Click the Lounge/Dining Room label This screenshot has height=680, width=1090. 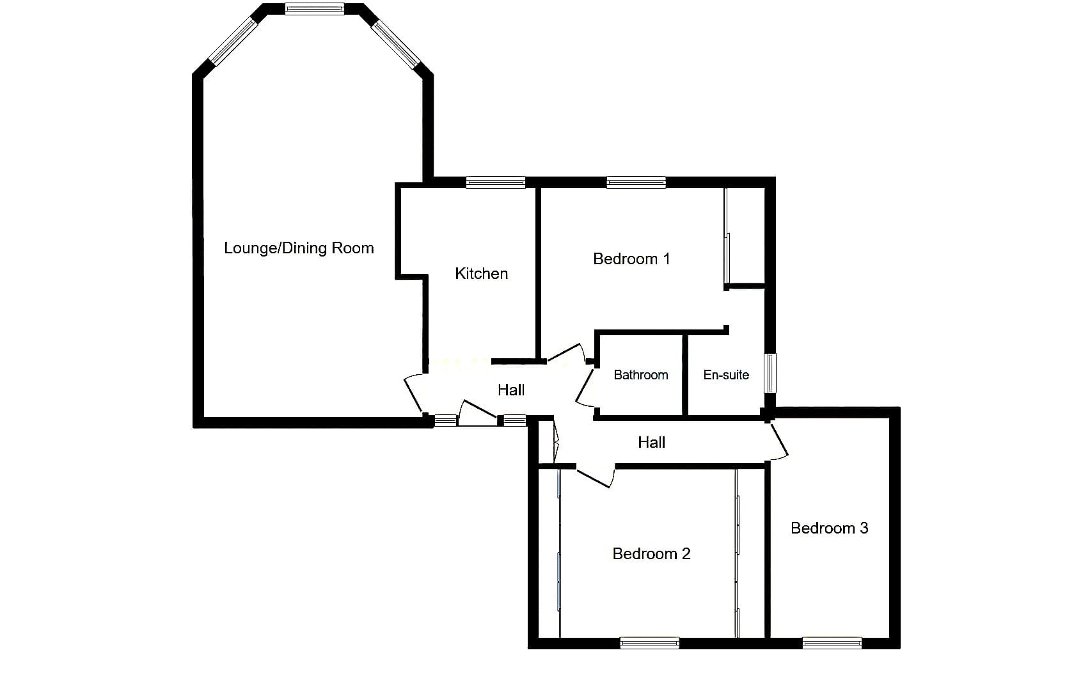click(299, 248)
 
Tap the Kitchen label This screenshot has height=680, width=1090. click(481, 274)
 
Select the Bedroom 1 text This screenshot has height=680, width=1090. click(631, 258)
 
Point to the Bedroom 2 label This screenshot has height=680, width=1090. click(652, 553)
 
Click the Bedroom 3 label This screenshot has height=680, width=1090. click(830, 528)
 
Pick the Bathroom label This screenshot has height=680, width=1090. click(641, 375)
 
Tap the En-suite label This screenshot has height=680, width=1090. click(726, 375)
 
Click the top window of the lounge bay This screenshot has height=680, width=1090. click(315, 9)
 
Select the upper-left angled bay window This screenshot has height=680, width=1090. click(233, 42)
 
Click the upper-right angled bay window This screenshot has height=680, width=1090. click(396, 43)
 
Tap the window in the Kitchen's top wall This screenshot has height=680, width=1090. click(496, 182)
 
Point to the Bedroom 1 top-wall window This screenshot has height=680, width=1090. click(636, 182)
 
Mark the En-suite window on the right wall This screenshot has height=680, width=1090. click(770, 374)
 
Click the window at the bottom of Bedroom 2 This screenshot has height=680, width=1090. click(650, 643)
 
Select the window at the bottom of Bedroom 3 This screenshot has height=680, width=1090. click(832, 643)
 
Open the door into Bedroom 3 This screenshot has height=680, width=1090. click(778, 441)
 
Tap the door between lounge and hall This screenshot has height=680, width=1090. click(414, 395)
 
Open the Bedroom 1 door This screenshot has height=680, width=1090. click(566, 353)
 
